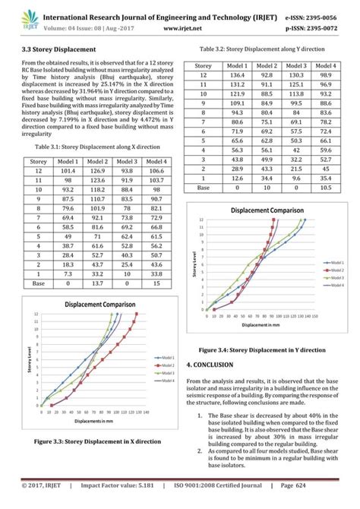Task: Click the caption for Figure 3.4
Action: (x=261, y=351)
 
